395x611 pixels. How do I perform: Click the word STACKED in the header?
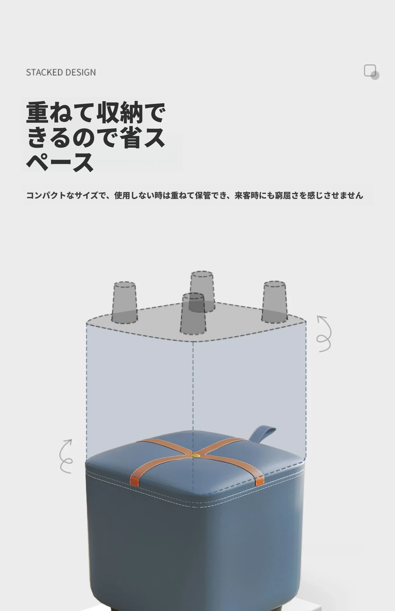pyautogui.click(x=44, y=72)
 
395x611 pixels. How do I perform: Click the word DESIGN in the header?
pyautogui.click(x=80, y=72)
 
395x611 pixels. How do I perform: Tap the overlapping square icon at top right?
pyautogui.click(x=371, y=72)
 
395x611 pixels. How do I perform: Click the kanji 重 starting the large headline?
pyautogui.click(x=37, y=112)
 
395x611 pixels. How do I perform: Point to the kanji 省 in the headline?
pyautogui.click(x=131, y=138)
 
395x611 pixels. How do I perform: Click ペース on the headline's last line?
pyautogui.click(x=60, y=162)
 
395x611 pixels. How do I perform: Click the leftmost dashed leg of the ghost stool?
pyautogui.click(x=125, y=303)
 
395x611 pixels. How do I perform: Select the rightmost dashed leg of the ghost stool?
pyautogui.click(x=275, y=302)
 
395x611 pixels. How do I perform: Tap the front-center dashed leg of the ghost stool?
pyautogui.click(x=193, y=314)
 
